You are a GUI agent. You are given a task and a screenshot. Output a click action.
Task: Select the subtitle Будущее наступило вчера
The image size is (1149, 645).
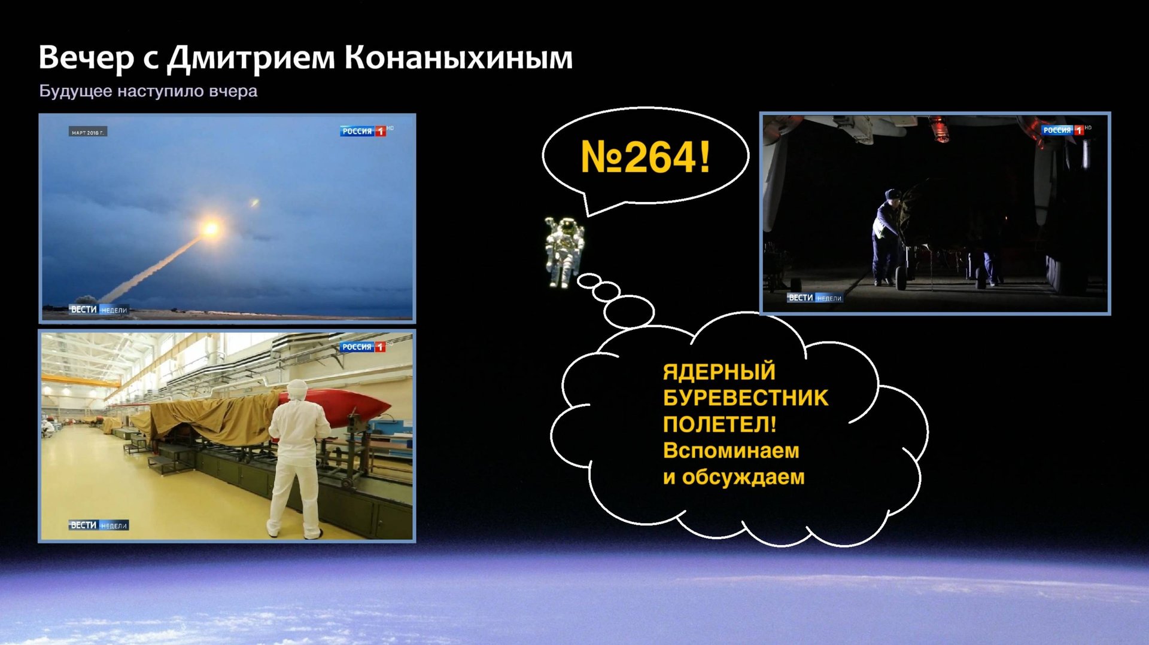tap(148, 91)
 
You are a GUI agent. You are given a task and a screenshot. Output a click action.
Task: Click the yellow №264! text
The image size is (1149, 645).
tap(645, 157)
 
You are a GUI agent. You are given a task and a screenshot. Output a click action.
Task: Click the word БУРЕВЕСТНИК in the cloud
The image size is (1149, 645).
tap(745, 398)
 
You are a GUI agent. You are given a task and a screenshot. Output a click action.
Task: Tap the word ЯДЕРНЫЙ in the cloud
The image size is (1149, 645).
tap(719, 372)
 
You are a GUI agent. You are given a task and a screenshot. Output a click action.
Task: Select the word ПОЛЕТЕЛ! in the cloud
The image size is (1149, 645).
tap(719, 424)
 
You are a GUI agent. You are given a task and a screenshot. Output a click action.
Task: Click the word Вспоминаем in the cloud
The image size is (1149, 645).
tap(731, 451)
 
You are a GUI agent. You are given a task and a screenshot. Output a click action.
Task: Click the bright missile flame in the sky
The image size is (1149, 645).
tap(211, 228)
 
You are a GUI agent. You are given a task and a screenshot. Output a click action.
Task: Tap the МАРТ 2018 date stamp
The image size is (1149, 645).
tap(87, 132)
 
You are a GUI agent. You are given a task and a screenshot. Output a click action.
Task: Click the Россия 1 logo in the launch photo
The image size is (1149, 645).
tap(363, 131)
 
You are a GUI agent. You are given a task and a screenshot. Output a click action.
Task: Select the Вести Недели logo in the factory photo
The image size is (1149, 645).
tap(99, 525)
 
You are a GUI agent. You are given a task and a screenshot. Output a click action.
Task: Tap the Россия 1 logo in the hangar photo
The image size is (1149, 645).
tap(1063, 130)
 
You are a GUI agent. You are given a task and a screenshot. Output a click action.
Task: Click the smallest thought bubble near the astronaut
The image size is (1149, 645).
tap(589, 280)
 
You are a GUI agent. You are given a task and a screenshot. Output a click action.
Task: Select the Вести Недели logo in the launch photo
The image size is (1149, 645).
tap(99, 310)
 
